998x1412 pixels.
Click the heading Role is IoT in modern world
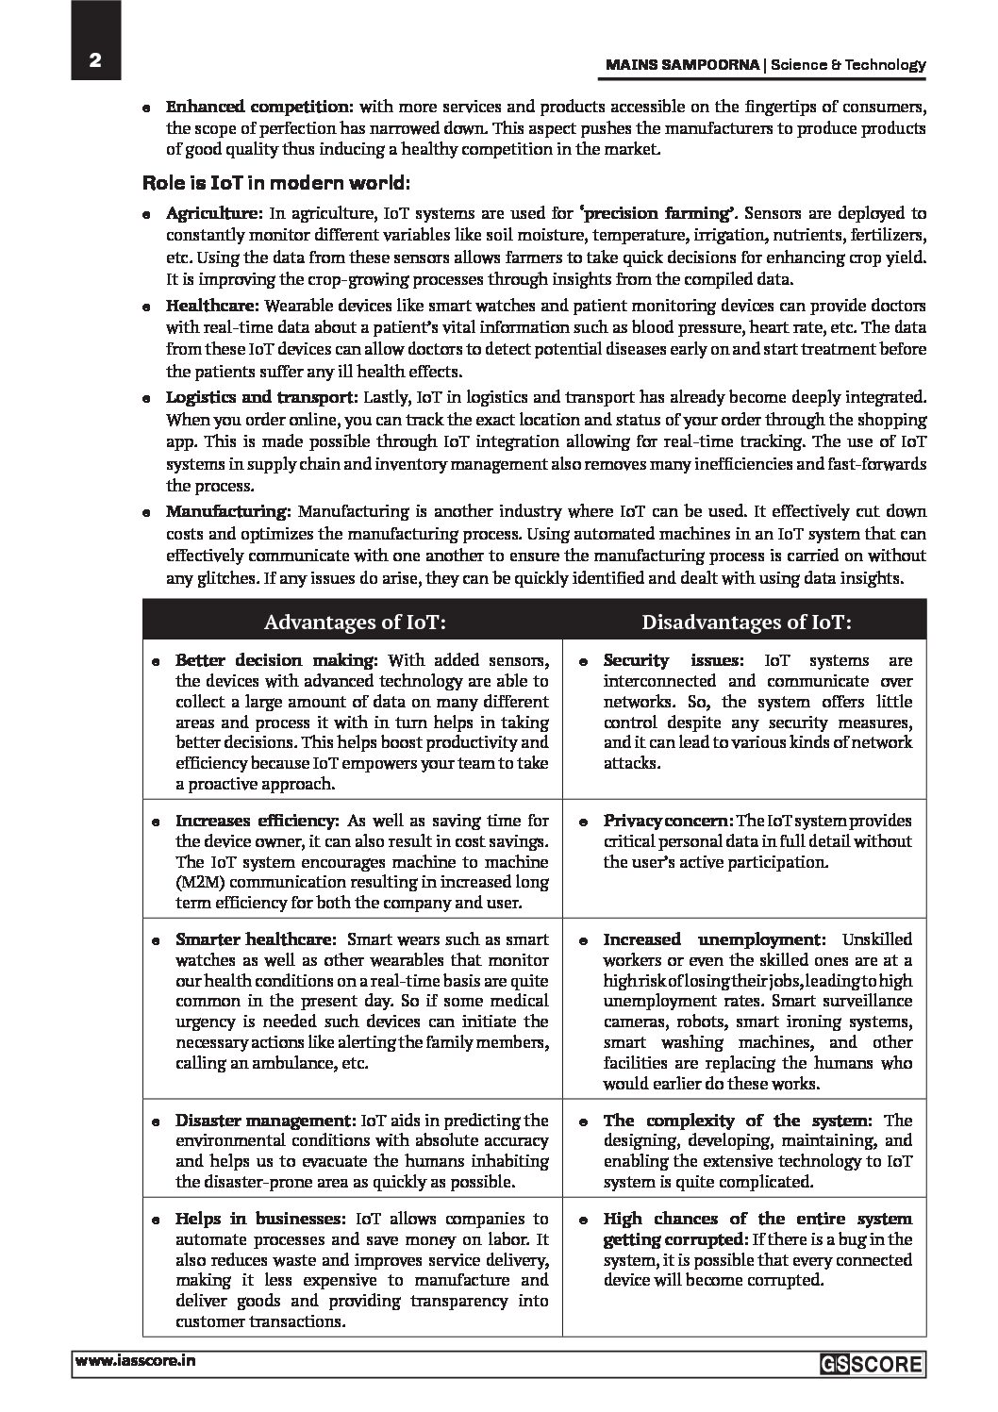[275, 181]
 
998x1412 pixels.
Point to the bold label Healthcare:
[214, 306]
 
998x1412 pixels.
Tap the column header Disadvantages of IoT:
[746, 622]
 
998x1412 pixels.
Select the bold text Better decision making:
[276, 660]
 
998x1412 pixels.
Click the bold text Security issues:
[676, 660]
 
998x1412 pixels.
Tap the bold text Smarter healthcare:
[256, 939]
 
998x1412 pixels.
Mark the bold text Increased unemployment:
[714, 939]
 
